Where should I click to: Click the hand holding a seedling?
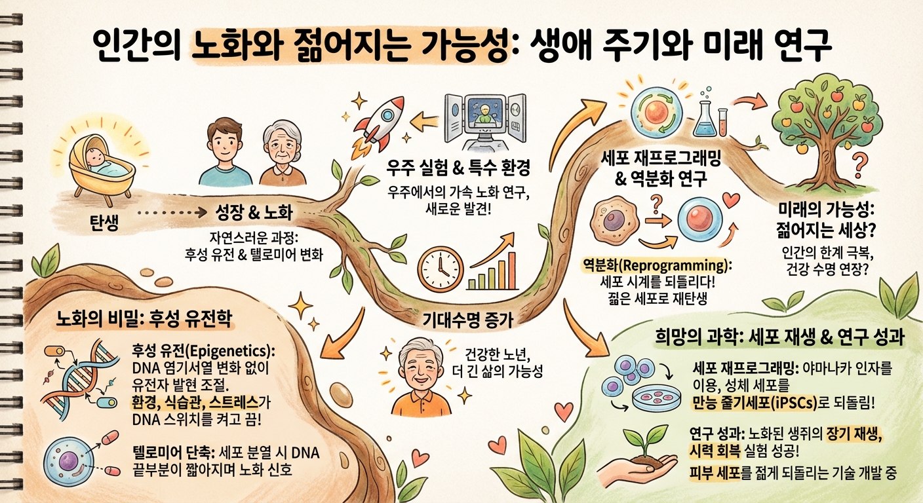[x=646, y=462]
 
